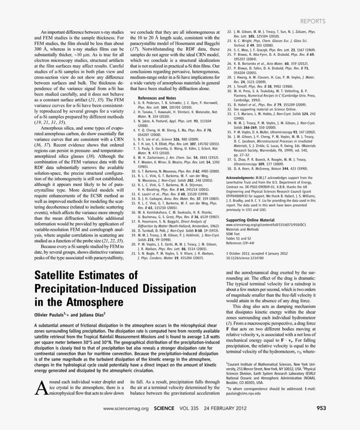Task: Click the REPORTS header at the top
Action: (x=313, y=21)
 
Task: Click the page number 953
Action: (x=321, y=408)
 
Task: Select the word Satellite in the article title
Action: (x=61, y=276)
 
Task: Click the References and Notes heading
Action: (x=157, y=98)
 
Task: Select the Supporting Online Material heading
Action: (x=248, y=219)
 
